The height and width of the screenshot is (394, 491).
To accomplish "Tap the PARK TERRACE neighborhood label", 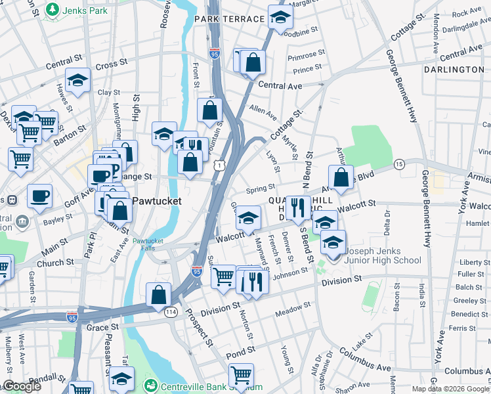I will click(x=230, y=19).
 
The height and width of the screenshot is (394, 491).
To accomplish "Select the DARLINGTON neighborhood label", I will click(x=454, y=69).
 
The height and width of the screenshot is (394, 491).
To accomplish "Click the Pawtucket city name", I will click(x=157, y=200).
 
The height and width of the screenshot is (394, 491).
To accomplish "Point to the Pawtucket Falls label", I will click(x=152, y=244).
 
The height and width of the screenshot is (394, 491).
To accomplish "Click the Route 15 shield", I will click(x=398, y=163).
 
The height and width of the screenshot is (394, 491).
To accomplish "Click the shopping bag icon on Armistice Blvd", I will click(x=341, y=177).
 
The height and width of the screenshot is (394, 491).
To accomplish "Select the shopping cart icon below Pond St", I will click(x=242, y=376).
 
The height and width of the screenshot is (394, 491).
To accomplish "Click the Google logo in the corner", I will click(x=22, y=387).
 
